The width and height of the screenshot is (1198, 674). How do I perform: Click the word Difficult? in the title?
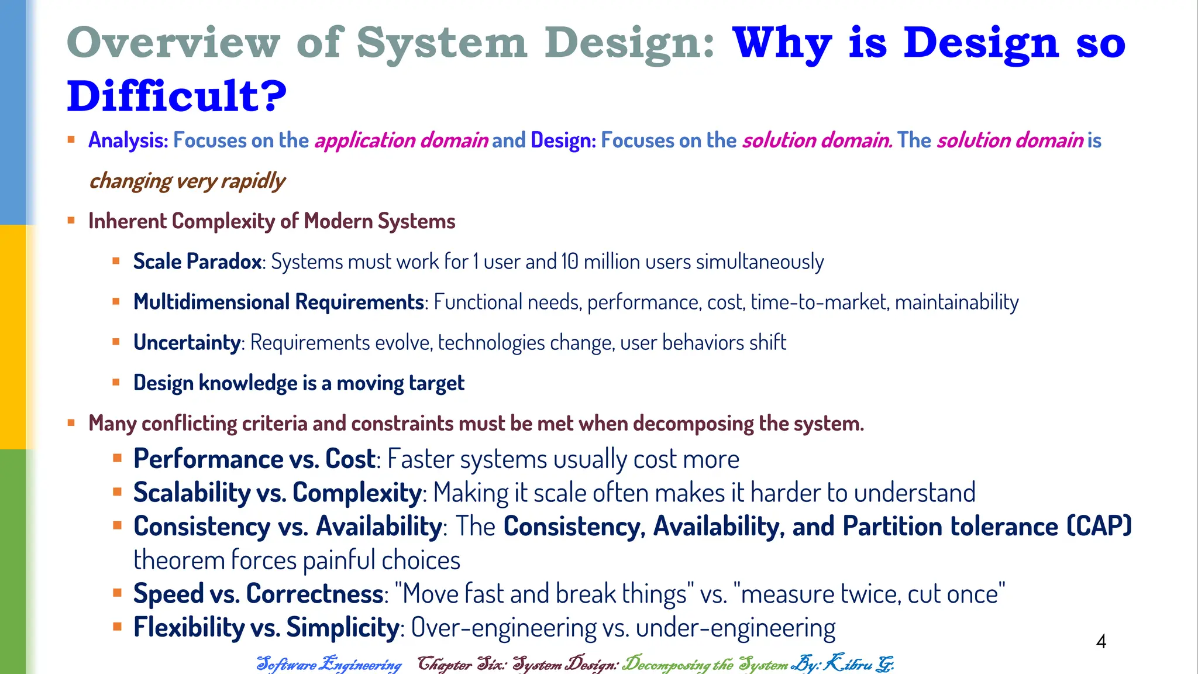177,97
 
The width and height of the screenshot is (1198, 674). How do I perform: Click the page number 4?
1100,642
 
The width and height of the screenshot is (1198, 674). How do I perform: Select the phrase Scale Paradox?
197,262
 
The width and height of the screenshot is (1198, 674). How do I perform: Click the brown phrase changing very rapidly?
187,181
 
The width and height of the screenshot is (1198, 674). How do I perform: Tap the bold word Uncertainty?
187,342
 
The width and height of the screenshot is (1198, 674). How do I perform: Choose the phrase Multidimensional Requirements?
278,302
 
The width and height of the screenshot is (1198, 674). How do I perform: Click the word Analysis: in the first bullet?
128,140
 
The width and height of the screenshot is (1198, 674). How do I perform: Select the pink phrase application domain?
401,140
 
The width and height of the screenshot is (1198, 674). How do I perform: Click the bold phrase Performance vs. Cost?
254,459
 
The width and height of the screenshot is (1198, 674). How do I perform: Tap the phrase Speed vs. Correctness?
258,594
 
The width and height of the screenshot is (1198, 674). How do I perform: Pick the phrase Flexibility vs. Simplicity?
266,627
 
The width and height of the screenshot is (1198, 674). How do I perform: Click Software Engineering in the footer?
329,664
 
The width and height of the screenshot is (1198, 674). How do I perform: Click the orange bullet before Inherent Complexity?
71,221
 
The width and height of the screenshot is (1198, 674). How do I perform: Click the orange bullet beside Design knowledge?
116,383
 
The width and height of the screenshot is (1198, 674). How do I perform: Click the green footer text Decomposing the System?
705,664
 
